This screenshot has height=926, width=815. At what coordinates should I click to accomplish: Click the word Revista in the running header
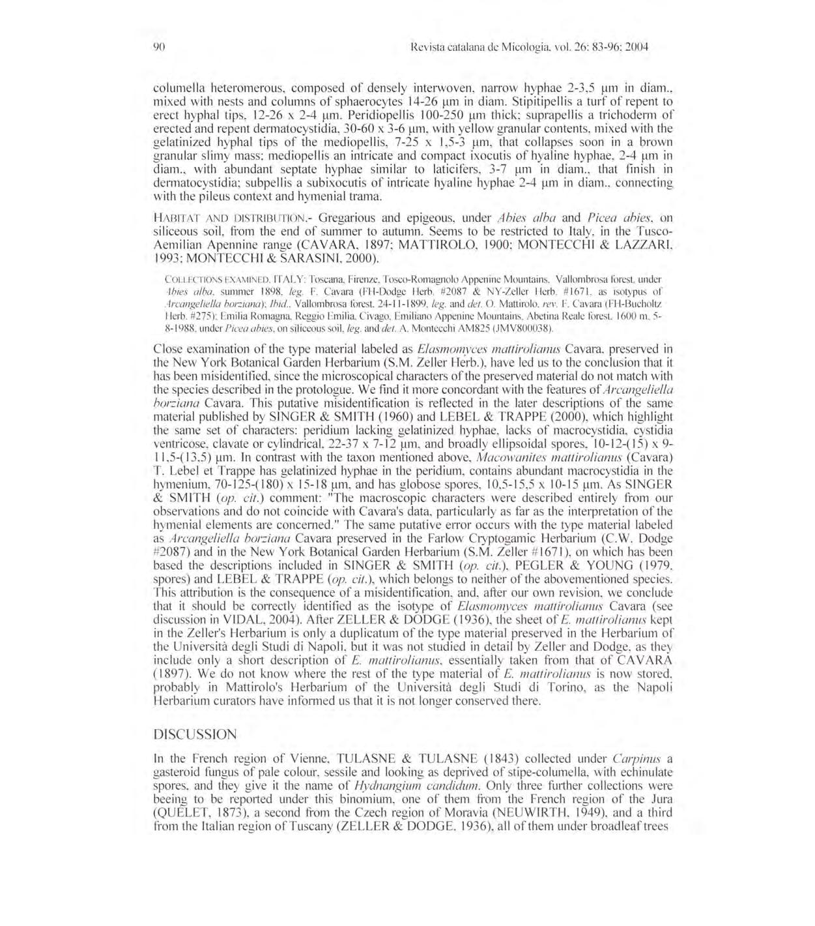tap(421, 47)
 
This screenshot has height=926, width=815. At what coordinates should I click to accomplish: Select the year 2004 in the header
tap(636, 47)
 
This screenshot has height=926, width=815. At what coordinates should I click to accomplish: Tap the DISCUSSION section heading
tap(195, 734)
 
